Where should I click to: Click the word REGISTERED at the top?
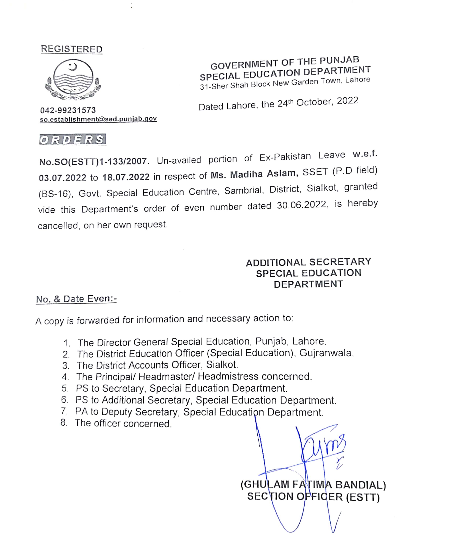(72, 49)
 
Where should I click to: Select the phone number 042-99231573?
(68, 110)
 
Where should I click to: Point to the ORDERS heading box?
(73, 140)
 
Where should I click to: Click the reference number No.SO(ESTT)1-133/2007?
(94, 161)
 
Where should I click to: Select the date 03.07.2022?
(63, 178)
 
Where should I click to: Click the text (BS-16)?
(55, 194)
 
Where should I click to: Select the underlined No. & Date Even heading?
(76, 299)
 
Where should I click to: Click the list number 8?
(64, 422)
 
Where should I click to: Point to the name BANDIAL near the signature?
(360, 485)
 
